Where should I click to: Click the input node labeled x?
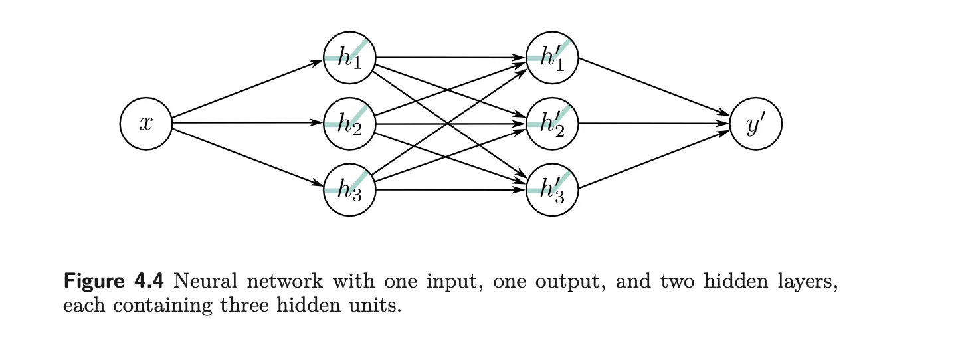(x=146, y=124)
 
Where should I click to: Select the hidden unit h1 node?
(x=349, y=58)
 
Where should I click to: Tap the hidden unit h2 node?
(x=349, y=124)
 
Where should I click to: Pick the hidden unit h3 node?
(x=349, y=190)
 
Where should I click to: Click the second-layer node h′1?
(x=552, y=58)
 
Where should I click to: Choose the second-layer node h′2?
(x=552, y=124)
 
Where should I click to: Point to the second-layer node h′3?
(x=552, y=190)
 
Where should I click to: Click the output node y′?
(x=755, y=124)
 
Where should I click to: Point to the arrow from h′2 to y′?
(x=654, y=124)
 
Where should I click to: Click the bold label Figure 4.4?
(x=113, y=282)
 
